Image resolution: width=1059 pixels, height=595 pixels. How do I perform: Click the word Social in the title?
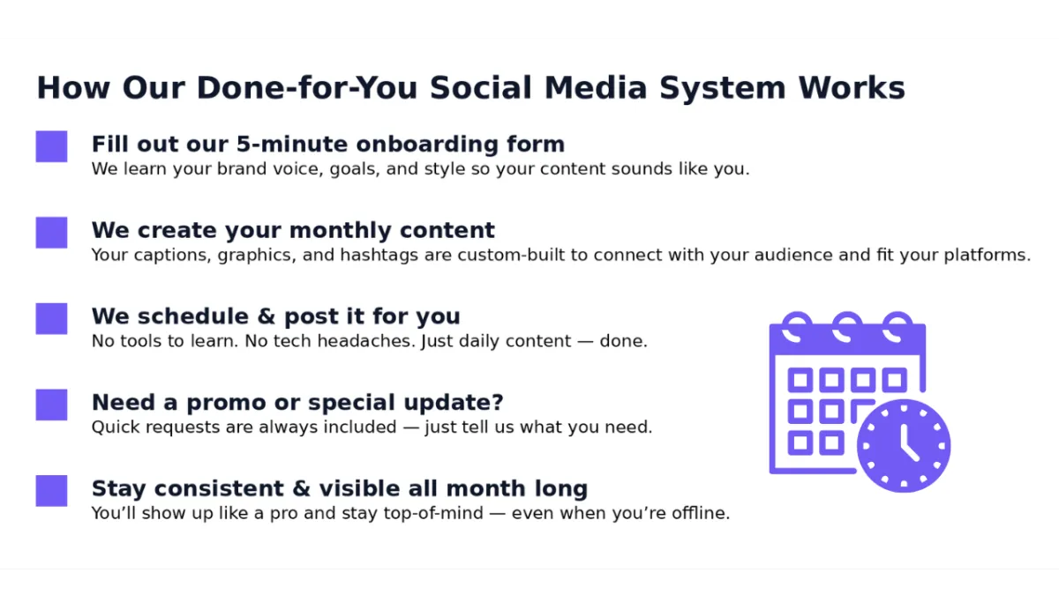click(481, 88)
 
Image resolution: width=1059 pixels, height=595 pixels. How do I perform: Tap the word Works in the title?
click(852, 88)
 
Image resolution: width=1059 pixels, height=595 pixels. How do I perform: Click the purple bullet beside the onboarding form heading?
click(51, 146)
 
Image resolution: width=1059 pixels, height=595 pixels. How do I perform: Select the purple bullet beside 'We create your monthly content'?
click(51, 233)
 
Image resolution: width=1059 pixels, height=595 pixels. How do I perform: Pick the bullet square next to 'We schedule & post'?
click(51, 319)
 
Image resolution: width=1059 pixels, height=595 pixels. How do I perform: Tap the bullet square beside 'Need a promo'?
click(51, 405)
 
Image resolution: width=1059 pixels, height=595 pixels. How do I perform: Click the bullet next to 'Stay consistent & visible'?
click(51, 491)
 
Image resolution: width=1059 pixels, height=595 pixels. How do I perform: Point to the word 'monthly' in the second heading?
click(340, 230)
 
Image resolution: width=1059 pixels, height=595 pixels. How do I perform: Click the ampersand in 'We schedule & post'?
click(267, 316)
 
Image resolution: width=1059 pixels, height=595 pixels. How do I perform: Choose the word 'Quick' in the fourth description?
click(115, 428)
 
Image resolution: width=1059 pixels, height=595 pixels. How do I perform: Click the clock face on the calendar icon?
click(904, 446)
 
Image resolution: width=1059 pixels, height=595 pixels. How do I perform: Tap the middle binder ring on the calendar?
click(847, 327)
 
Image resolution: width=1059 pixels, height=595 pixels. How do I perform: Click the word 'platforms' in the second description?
click(988, 256)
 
